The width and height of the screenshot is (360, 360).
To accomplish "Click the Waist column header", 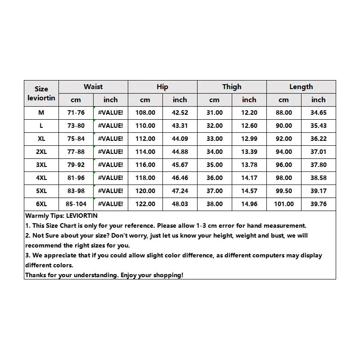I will (x=93, y=87).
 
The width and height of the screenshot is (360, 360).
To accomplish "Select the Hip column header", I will (x=162, y=87).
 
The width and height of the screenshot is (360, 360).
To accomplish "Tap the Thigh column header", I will (x=232, y=87).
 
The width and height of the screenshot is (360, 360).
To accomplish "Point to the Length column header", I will (x=301, y=87).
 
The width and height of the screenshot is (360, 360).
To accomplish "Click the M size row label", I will (x=41, y=112).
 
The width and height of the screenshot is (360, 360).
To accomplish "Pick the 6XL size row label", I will (x=41, y=204).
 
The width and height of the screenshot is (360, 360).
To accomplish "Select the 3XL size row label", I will (x=41, y=165).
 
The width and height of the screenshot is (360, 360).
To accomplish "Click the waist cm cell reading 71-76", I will (x=76, y=112).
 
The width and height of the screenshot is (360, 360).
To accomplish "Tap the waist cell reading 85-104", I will (x=76, y=204).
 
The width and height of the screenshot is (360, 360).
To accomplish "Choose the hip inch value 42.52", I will (x=180, y=112).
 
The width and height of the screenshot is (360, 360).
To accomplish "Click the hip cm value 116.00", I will (x=145, y=165).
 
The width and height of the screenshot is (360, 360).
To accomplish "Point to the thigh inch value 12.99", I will (x=249, y=139).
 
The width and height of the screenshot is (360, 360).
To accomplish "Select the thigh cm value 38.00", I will (x=215, y=204).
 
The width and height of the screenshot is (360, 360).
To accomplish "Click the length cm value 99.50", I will (x=284, y=191).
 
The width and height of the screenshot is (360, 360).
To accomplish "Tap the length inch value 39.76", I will (x=319, y=204).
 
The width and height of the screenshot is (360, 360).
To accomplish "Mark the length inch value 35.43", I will (x=319, y=126).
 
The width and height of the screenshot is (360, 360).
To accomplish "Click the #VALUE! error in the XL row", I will (x=110, y=139).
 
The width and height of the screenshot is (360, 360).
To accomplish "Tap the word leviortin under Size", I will (x=41, y=98).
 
